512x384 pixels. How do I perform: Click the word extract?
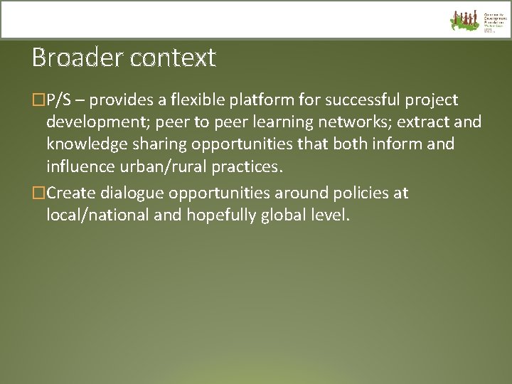(422, 122)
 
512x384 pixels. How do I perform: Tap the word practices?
(247, 168)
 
